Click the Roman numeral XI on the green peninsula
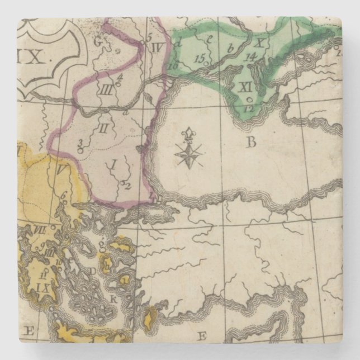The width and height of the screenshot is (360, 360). pyautogui.click(x=247, y=87)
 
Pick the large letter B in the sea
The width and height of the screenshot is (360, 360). pyautogui.click(x=251, y=142)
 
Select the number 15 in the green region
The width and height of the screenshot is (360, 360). pyautogui.click(x=200, y=58)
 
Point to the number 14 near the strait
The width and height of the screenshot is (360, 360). pyautogui.click(x=250, y=56)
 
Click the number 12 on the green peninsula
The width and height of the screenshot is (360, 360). pyautogui.click(x=249, y=107)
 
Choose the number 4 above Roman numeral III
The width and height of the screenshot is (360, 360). pyautogui.click(x=119, y=78)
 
